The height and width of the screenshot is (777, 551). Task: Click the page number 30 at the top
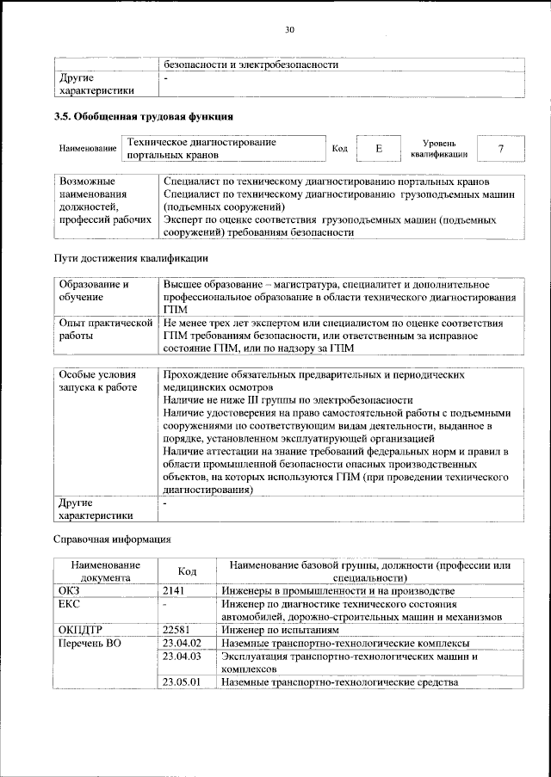point(289,30)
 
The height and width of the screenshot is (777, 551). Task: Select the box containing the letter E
point(378,149)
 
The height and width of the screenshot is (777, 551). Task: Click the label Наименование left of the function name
point(88,150)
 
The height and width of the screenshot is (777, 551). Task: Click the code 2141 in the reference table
point(176,591)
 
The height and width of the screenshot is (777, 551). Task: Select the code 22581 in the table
point(178,629)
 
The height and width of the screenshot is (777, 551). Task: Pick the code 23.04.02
point(182,643)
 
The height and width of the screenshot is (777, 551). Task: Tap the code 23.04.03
point(182,656)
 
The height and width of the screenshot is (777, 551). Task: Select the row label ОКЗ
point(69,591)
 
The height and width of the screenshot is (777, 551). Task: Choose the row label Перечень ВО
point(84,643)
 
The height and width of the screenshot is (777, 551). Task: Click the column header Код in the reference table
point(187,571)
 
